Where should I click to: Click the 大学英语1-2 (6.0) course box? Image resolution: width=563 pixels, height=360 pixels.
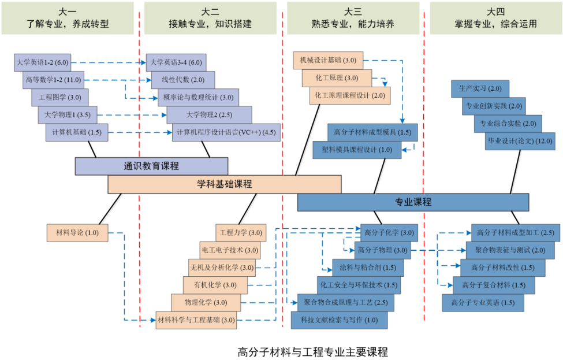pyautogui.click(x=42, y=62)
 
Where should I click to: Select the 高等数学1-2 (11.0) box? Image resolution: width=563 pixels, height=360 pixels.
pyautogui.click(x=53, y=80)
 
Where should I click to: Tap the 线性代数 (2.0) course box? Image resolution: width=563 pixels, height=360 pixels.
pyautogui.click(x=183, y=80)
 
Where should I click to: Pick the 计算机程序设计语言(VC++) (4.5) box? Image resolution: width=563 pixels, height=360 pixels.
pyautogui.click(x=226, y=132)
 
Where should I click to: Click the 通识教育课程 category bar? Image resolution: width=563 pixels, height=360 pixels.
pyautogui.click(x=151, y=166)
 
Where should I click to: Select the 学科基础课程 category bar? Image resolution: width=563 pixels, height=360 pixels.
pyautogui.click(x=225, y=184)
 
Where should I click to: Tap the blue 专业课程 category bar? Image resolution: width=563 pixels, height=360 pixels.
pyautogui.click(x=413, y=202)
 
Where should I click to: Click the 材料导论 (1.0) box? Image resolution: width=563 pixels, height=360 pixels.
pyautogui.click(x=77, y=233)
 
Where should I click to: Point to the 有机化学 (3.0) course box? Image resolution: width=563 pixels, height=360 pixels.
pyautogui.click(x=215, y=285)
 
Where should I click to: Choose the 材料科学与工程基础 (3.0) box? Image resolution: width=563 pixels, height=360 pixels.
pyautogui.click(x=196, y=320)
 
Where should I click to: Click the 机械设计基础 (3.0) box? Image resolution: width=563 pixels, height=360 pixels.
pyautogui.click(x=328, y=60)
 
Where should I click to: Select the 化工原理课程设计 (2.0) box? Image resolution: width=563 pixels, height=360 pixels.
pyautogui.click(x=350, y=95)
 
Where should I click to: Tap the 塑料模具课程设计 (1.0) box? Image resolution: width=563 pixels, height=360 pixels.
pyautogui.click(x=357, y=150)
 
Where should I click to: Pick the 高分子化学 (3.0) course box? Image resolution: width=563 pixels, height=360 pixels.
pyautogui.click(x=389, y=233)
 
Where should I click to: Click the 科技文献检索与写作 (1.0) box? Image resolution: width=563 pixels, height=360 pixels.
pyautogui.click(x=340, y=320)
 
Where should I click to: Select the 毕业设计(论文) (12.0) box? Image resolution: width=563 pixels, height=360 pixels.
pyautogui.click(x=520, y=141)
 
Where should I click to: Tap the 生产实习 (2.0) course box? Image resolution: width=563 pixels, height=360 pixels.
pyautogui.click(x=480, y=89)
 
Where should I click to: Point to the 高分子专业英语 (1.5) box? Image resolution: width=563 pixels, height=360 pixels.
pyautogui.click(x=483, y=303)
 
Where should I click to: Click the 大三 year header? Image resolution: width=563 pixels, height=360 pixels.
pyautogui.click(x=353, y=12)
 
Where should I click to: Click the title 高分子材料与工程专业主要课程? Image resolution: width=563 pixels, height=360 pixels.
pyautogui.click(x=313, y=352)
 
